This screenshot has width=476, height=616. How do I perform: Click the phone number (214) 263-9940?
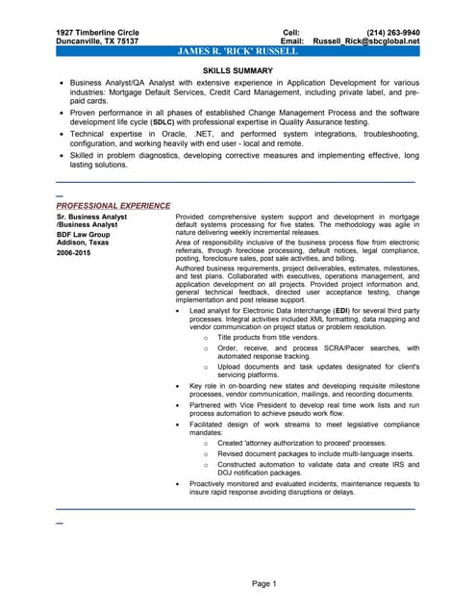[393, 32]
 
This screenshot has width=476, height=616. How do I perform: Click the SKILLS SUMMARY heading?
[238, 72]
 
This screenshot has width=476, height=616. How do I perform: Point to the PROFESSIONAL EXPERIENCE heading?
[113, 205]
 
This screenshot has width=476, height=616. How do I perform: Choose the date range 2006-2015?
[75, 253]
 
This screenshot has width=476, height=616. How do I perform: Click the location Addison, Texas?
[83, 244]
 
